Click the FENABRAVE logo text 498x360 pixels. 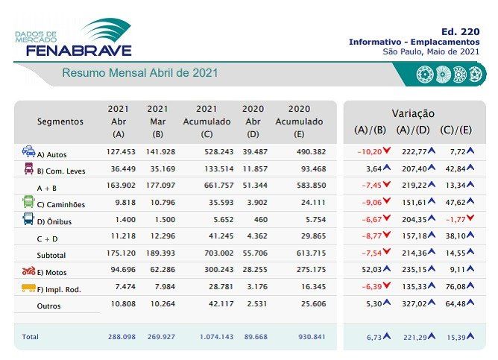coord(78,50)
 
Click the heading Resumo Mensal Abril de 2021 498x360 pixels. coord(140,74)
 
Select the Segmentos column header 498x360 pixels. coord(60,121)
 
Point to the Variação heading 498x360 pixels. coord(413,113)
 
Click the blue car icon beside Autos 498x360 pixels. coord(28,152)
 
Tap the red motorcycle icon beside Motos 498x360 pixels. coord(28,271)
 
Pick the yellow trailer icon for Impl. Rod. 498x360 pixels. coord(28,288)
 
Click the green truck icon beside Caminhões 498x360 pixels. coord(28,202)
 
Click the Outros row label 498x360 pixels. coord(49,306)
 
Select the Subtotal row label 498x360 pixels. coord(51,255)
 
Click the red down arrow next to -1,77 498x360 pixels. coord(470,220)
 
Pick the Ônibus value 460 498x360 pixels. coord(252,221)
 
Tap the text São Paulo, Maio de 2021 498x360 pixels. coord(430,51)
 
